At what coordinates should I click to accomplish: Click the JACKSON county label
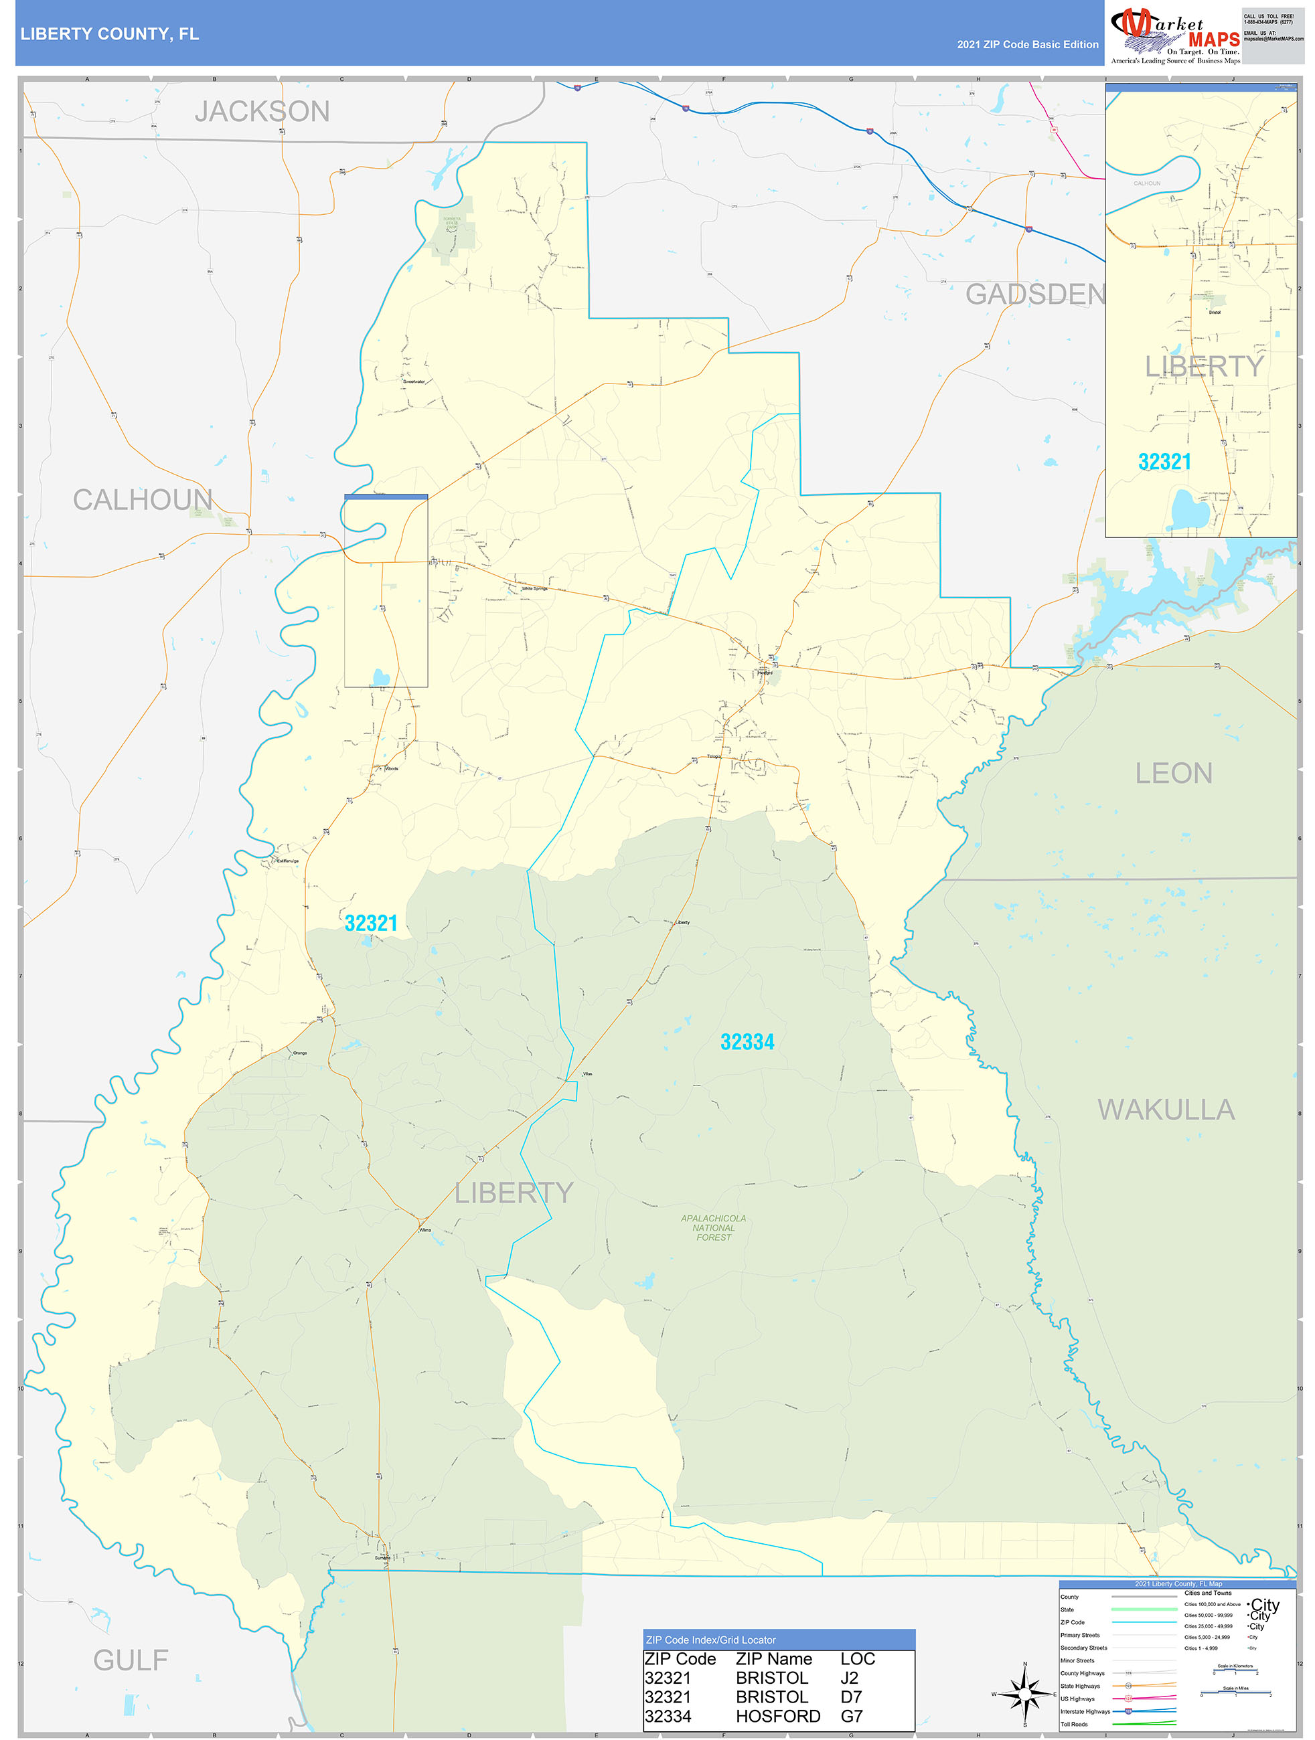coord(262,112)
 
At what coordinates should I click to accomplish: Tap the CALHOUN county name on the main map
coord(143,499)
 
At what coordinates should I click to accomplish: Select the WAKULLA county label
coord(1166,1110)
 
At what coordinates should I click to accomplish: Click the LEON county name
coord(1173,773)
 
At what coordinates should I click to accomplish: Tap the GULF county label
coord(131,1660)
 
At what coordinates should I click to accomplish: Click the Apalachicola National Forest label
coord(713,1227)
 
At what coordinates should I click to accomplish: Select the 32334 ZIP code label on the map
coord(747,1042)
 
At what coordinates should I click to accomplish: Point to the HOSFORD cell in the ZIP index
coord(777,1716)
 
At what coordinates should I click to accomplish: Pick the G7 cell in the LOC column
coord(852,1716)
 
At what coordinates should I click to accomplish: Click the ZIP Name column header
coord(773,1658)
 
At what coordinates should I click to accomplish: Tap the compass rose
coord(1024,1694)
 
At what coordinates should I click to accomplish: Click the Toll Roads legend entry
coord(1074,1723)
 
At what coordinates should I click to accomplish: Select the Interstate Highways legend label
coord(1085,1711)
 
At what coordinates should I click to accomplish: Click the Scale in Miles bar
coord(1235,1694)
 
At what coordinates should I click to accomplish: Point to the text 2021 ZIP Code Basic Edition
coord(1027,45)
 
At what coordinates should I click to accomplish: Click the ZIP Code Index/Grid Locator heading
coord(710,1640)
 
